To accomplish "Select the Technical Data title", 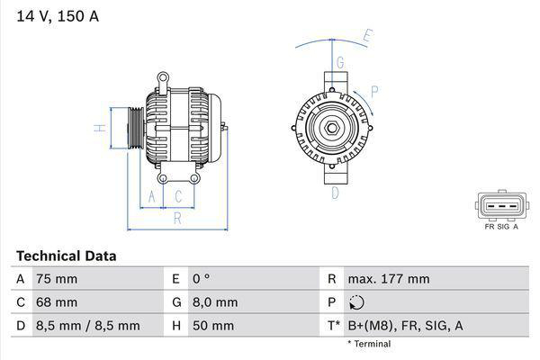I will pos(66,256).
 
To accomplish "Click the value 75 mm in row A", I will pos(56,279).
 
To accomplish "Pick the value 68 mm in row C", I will pos(56,302).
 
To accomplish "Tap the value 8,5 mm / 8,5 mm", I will pos(87,326).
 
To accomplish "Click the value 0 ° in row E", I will pos(202,279).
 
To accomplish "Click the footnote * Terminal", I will pos(369,344).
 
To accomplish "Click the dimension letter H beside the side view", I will pos(102,127).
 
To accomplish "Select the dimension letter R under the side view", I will pos(177,218).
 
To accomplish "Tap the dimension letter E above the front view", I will pos(367,37).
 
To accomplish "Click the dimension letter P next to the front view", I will pos(373,90).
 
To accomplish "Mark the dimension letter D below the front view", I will pos(335,192).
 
